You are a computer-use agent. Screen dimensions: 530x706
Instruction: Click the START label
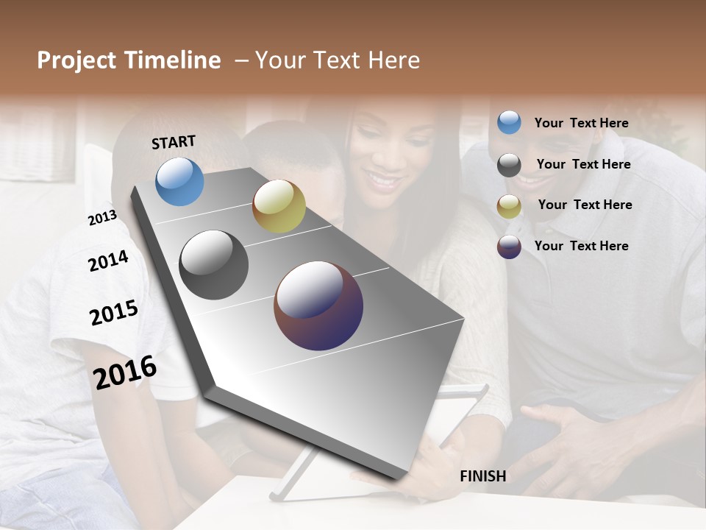pyautogui.click(x=174, y=142)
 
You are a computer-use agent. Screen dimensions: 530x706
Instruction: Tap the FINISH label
pyautogui.click(x=483, y=476)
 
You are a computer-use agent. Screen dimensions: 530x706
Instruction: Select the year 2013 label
pyautogui.click(x=102, y=218)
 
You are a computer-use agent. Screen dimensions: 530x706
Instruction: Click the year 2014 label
pyautogui.click(x=108, y=261)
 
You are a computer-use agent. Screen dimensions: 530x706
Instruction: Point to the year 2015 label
pyautogui.click(x=114, y=313)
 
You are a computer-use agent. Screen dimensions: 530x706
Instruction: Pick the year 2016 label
pyautogui.click(x=125, y=372)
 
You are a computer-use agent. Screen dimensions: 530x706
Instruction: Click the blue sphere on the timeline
pyautogui.click(x=180, y=181)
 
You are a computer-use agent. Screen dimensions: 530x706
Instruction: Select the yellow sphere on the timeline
pyautogui.click(x=279, y=206)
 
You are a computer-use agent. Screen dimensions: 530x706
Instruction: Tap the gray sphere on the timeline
pyautogui.click(x=214, y=265)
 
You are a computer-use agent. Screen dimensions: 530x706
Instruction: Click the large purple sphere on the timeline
pyautogui.click(x=318, y=305)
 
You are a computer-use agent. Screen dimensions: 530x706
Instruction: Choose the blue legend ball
pyautogui.click(x=509, y=123)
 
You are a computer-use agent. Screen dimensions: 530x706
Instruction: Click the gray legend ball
pyautogui.click(x=509, y=165)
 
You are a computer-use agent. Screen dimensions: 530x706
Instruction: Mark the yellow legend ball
pyautogui.click(x=509, y=206)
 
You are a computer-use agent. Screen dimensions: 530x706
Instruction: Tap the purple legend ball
pyautogui.click(x=509, y=247)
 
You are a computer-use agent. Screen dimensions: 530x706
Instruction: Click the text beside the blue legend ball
pyautogui.click(x=581, y=123)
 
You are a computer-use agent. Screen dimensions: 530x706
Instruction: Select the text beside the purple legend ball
pyautogui.click(x=581, y=246)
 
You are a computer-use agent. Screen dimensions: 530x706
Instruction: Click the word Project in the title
pyautogui.click(x=75, y=60)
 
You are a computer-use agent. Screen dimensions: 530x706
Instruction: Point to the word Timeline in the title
pyautogui.click(x=174, y=60)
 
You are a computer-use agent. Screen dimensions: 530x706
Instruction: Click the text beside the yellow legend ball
pyautogui.click(x=585, y=205)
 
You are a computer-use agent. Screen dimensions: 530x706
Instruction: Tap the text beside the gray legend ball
pyautogui.click(x=583, y=164)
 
